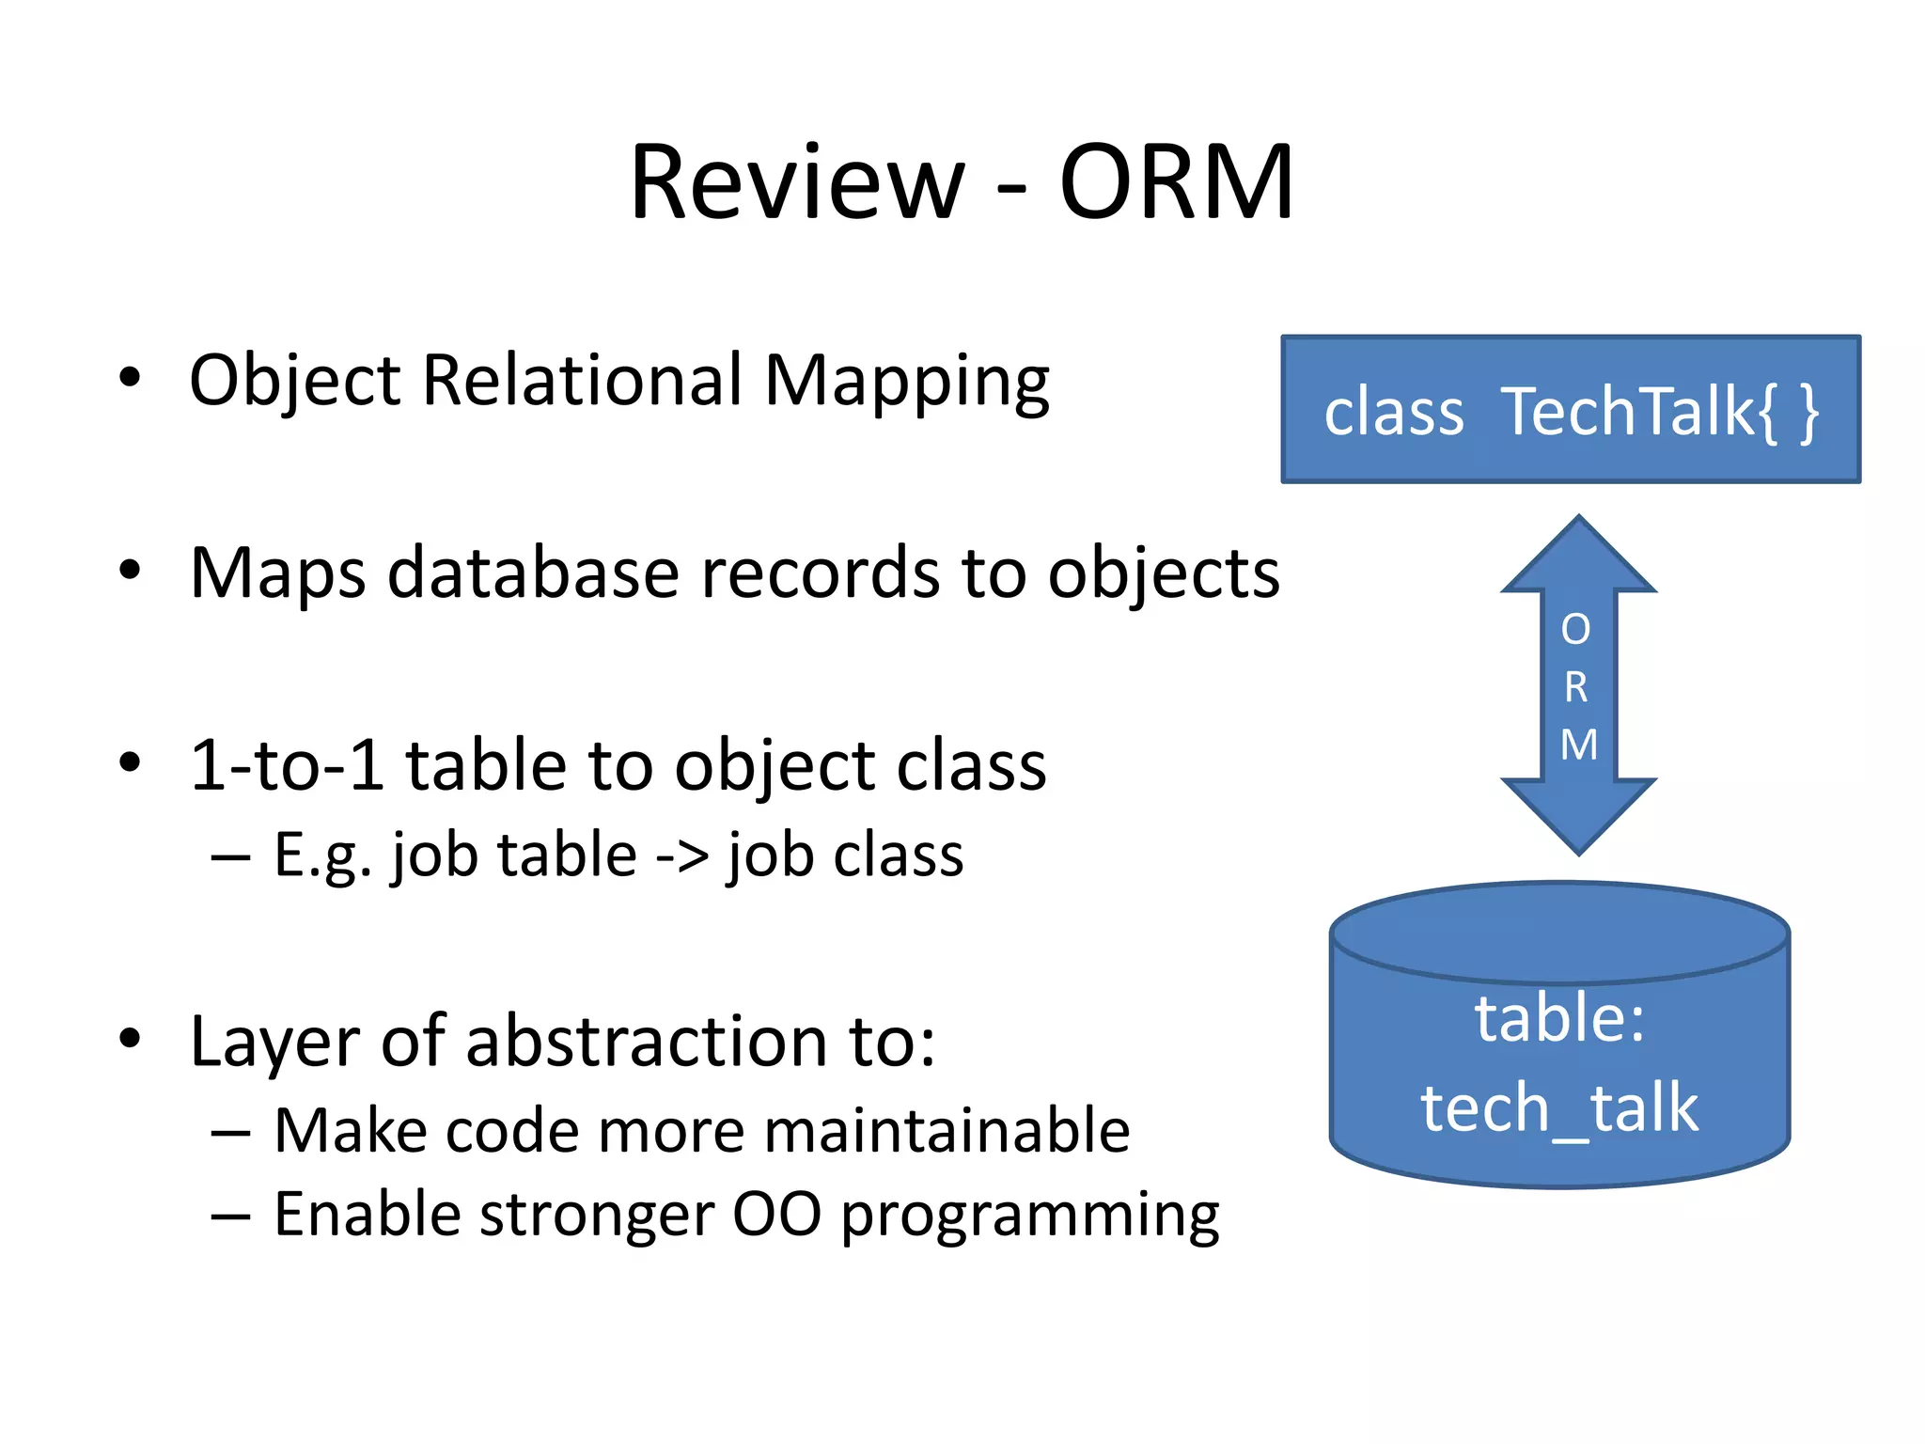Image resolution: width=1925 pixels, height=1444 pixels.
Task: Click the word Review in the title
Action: point(797,182)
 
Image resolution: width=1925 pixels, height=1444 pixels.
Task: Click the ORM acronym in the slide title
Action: point(1176,182)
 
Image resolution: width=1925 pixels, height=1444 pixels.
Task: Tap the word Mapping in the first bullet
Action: point(906,384)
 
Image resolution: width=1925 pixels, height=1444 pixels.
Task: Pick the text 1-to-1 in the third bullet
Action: point(287,765)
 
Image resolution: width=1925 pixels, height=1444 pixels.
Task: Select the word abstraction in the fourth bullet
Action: point(646,1042)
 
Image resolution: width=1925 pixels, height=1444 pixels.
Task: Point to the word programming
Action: point(1029,1217)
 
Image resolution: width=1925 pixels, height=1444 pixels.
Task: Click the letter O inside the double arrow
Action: point(1576,630)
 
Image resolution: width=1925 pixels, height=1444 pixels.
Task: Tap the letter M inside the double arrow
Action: point(1578,746)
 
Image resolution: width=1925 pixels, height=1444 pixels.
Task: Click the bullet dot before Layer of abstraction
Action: point(130,1039)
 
